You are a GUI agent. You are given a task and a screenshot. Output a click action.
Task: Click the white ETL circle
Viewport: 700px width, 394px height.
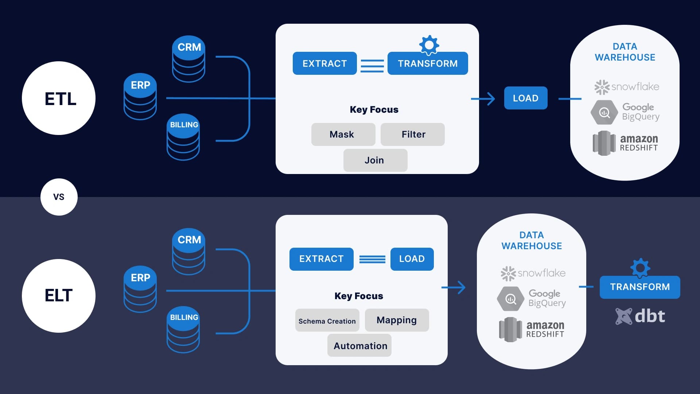click(x=59, y=98)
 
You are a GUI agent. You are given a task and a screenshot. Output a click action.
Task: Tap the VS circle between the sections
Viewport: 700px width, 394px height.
click(x=59, y=197)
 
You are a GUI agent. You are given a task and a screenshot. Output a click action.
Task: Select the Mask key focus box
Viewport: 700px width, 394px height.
click(x=343, y=134)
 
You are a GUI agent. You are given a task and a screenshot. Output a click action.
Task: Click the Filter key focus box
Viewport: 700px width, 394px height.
click(x=413, y=134)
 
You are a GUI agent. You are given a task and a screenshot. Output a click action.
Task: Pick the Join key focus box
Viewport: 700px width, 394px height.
click(x=375, y=160)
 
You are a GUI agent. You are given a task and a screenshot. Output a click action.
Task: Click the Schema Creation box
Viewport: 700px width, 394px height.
click(x=327, y=320)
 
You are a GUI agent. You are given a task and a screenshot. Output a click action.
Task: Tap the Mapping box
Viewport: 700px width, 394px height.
click(x=397, y=320)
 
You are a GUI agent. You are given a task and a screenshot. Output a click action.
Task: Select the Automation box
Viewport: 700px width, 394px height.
click(x=359, y=345)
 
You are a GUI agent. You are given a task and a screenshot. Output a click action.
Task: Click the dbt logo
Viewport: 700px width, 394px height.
click(x=640, y=316)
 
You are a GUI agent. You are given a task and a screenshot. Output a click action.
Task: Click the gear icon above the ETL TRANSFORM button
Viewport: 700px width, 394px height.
click(x=429, y=45)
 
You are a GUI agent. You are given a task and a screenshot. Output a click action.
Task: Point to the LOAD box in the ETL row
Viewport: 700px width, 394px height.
click(x=525, y=98)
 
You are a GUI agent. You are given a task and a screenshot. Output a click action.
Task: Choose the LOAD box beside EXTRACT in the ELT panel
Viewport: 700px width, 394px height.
click(x=412, y=259)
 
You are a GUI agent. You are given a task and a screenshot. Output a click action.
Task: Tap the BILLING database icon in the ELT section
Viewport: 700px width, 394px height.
click(x=183, y=329)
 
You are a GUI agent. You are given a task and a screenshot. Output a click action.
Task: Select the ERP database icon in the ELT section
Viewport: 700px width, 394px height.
click(x=140, y=289)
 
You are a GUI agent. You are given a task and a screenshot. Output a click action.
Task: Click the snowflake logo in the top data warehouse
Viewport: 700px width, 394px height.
click(x=626, y=87)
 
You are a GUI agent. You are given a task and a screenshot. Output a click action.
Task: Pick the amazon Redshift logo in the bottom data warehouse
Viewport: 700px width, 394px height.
click(x=532, y=329)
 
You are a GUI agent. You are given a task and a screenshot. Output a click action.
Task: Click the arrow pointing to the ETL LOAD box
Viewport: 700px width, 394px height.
click(x=483, y=98)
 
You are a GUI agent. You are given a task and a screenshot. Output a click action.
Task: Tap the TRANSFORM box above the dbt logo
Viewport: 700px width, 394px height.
click(x=640, y=287)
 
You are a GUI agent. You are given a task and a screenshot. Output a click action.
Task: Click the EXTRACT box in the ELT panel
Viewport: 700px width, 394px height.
click(x=321, y=259)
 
